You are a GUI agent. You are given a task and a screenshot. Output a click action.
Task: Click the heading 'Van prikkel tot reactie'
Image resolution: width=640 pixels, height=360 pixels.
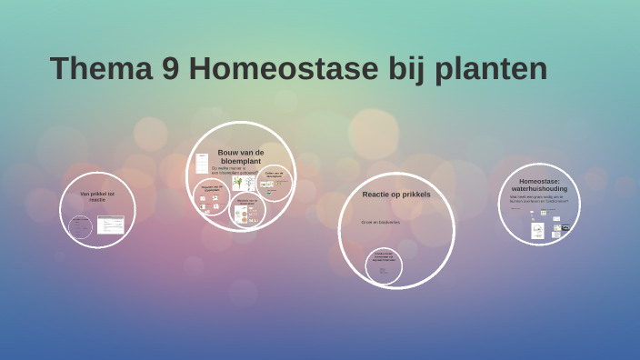pos(97,196)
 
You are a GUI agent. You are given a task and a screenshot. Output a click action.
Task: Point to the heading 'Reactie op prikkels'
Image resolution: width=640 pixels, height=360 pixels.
pos(395,195)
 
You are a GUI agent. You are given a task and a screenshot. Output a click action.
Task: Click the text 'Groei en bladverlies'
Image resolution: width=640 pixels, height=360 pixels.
pos(380,222)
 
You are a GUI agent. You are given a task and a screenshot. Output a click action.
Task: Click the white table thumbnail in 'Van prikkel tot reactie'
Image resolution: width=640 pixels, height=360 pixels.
pos(111,224)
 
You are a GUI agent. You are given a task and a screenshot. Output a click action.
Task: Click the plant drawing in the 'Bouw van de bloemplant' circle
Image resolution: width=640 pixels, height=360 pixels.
pos(237,183)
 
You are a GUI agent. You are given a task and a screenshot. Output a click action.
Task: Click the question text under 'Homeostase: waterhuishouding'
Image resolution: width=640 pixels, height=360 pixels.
pos(537,198)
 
